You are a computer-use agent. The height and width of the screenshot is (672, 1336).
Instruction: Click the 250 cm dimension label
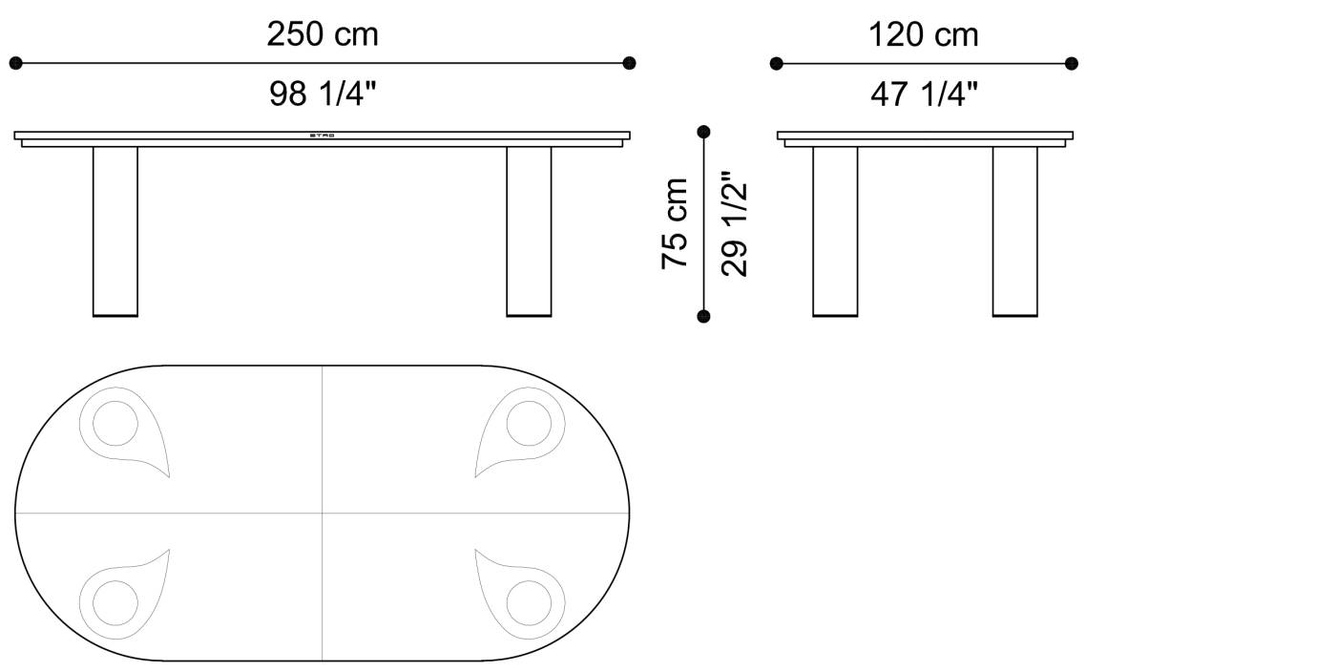click(x=323, y=34)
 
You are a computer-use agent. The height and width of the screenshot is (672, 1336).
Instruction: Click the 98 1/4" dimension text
click(x=323, y=94)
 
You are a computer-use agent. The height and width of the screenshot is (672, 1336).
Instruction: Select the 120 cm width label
click(x=923, y=34)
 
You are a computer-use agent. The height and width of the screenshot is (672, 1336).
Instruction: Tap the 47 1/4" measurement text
click(x=924, y=94)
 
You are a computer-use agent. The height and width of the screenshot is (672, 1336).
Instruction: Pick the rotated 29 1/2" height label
click(x=735, y=223)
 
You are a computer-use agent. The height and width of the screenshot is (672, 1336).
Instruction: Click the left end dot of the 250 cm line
click(x=15, y=64)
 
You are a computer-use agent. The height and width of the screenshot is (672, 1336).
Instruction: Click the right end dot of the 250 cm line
click(x=629, y=64)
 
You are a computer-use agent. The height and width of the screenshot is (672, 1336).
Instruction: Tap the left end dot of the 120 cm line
click(x=777, y=64)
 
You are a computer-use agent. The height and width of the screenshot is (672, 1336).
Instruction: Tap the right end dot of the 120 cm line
click(x=1072, y=64)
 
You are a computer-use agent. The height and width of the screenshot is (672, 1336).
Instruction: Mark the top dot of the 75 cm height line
click(x=704, y=132)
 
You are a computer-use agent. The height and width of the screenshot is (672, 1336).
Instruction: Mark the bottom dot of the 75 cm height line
click(x=704, y=316)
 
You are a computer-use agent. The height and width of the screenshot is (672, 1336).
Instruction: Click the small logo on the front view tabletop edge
click(x=323, y=136)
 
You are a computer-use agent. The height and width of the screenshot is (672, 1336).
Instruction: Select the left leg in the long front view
click(x=115, y=231)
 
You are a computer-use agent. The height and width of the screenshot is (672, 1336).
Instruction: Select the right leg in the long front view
click(x=529, y=231)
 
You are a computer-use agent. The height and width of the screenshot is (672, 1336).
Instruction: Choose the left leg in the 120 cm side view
click(x=835, y=231)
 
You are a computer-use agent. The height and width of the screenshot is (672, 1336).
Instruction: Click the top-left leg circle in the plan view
click(x=115, y=423)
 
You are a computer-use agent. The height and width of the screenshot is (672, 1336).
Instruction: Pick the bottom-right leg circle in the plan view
click(x=529, y=603)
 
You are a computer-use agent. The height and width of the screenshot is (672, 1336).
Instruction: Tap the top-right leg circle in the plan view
click(x=529, y=423)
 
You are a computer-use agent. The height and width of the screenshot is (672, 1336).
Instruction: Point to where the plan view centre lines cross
click(x=323, y=513)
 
